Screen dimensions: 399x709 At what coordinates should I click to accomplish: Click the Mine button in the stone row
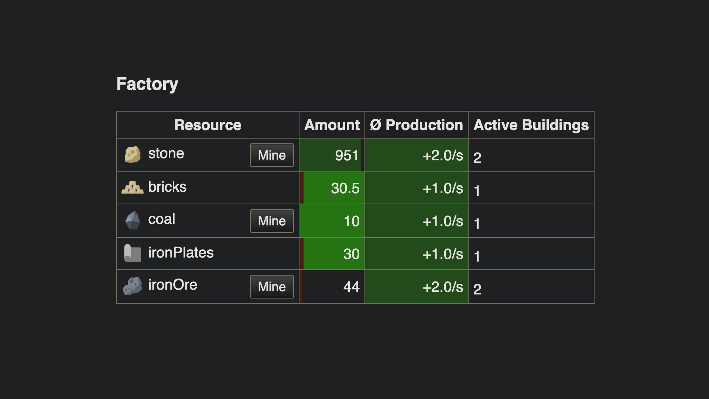click(x=272, y=155)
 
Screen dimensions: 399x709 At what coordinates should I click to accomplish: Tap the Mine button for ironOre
click(x=272, y=287)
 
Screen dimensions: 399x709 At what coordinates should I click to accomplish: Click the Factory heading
click(x=147, y=84)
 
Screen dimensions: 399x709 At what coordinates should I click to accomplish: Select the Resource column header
click(x=208, y=125)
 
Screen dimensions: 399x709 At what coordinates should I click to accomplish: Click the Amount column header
click(x=332, y=125)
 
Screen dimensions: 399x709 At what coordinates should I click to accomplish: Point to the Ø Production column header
click(x=416, y=125)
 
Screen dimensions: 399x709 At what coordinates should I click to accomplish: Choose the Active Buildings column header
click(x=531, y=125)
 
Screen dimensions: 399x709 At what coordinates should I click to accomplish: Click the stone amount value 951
click(x=347, y=155)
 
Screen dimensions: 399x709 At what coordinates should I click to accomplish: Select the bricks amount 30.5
click(x=345, y=188)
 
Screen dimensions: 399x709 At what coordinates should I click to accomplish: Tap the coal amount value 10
click(x=351, y=221)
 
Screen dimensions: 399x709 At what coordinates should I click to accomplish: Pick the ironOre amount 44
click(x=351, y=287)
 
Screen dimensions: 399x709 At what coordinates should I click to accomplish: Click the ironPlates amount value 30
click(x=351, y=254)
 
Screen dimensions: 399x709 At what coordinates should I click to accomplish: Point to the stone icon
click(x=133, y=154)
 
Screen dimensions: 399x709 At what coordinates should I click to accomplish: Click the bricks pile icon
click(x=132, y=188)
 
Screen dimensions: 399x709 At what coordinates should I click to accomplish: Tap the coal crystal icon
click(x=133, y=220)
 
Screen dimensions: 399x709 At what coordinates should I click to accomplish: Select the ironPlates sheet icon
click(x=133, y=253)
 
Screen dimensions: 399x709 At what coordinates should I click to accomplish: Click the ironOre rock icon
click(x=133, y=286)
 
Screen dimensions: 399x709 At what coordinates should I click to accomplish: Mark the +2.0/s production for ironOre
click(x=442, y=287)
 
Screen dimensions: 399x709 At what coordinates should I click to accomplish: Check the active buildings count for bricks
click(x=477, y=191)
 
